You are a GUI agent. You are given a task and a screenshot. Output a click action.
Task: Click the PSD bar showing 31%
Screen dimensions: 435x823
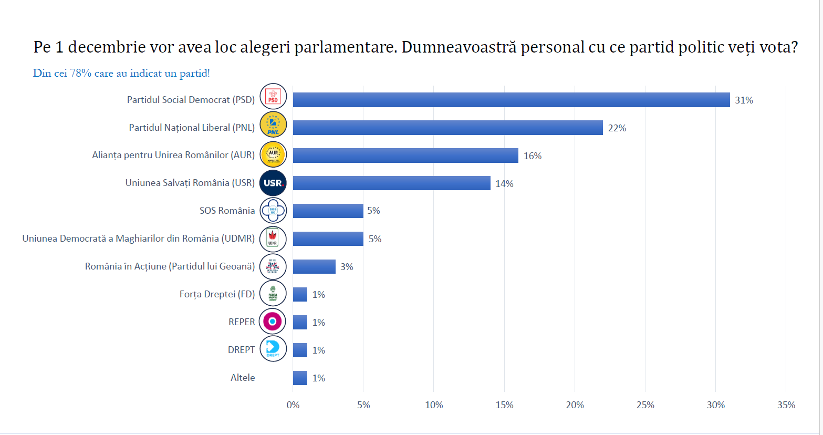tap(511, 100)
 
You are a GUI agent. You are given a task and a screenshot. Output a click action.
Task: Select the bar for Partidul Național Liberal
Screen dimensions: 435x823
tap(447, 128)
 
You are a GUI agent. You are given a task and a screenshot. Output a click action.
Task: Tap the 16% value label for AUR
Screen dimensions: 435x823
tap(532, 156)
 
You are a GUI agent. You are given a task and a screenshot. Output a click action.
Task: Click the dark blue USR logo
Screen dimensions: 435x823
tap(273, 183)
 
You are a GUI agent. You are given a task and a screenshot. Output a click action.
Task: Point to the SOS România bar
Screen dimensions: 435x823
tap(328, 211)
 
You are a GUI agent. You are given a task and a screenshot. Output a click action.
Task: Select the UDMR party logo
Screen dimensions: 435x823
tap(273, 239)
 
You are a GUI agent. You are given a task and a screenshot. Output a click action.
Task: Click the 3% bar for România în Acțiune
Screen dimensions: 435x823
tap(314, 266)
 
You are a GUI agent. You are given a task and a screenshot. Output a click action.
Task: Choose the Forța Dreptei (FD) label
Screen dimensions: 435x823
tap(217, 294)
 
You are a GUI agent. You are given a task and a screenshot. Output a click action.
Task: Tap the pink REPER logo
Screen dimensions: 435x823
tap(273, 321)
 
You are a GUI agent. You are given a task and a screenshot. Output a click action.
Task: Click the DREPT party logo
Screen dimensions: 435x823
tap(273, 348)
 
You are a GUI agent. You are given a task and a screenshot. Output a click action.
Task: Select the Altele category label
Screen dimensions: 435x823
tap(243, 378)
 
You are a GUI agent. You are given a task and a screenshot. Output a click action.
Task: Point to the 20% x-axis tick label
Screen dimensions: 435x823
tap(575, 405)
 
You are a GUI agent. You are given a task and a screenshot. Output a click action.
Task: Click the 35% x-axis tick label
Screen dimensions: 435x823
tap(786, 405)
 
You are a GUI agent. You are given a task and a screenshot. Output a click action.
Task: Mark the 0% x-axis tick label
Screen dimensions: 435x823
tap(293, 405)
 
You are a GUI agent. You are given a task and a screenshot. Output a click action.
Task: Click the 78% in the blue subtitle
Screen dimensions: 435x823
tap(81, 74)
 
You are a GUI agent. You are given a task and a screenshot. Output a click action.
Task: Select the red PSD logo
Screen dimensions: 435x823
tap(273, 97)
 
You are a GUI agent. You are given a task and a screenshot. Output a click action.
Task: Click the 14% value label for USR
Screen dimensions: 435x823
tap(504, 184)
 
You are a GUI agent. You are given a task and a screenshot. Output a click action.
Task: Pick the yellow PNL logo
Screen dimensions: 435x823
tap(273, 125)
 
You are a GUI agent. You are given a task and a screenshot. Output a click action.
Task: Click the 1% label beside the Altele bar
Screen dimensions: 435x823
tap(318, 378)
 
